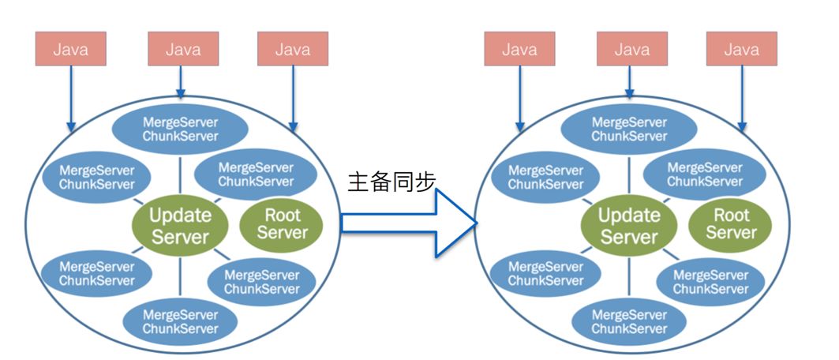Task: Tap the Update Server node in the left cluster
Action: click(180, 225)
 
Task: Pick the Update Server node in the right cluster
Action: click(629, 225)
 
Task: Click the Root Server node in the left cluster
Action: click(282, 223)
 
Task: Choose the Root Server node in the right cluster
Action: click(731, 223)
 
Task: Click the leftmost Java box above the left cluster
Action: click(70, 49)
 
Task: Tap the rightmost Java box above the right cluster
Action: click(742, 49)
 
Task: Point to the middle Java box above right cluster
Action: click(631, 49)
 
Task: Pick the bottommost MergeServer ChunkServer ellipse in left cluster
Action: click(180, 321)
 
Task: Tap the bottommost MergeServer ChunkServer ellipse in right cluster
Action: click(629, 321)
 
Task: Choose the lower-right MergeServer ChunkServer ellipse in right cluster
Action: click(711, 282)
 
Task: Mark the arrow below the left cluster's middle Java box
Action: click(181, 81)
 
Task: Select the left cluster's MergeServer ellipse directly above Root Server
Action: click(255, 174)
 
